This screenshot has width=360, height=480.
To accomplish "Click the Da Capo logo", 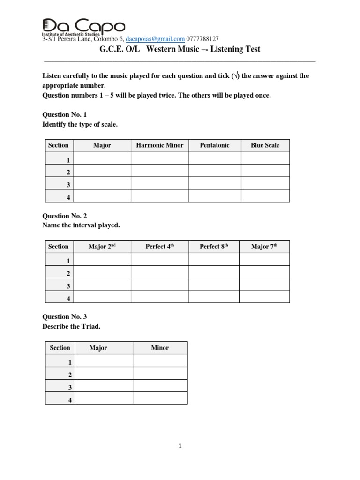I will tap(83, 27).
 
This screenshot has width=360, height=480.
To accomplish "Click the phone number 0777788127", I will tap(202, 39).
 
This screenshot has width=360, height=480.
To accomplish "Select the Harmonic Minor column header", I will tap(160, 145).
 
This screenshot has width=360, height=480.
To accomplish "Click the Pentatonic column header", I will tap(215, 145).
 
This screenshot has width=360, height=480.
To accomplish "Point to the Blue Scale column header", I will tap(265, 145).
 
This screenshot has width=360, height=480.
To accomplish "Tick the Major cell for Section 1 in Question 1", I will tap(102, 158).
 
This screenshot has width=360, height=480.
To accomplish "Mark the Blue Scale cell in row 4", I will tap(265, 195).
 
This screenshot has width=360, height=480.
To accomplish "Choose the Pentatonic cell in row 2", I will tap(215, 171).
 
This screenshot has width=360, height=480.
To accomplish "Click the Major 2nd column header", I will tap(102, 247).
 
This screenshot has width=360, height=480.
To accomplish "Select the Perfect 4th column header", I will tap(160, 247).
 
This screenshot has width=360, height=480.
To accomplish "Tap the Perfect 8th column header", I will tap(214, 247).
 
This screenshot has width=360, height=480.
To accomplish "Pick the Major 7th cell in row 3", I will tap(264, 285).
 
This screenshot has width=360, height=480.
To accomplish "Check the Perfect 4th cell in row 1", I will tap(160, 259).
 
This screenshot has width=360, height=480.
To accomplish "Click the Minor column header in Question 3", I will tap(160, 348).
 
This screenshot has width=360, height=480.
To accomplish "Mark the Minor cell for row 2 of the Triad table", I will tap(160, 373).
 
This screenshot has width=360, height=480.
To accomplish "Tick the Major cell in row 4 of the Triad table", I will tap(104, 398).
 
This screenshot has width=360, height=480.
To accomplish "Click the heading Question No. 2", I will tap(65, 216).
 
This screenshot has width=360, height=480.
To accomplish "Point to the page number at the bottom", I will tap(180, 446).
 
